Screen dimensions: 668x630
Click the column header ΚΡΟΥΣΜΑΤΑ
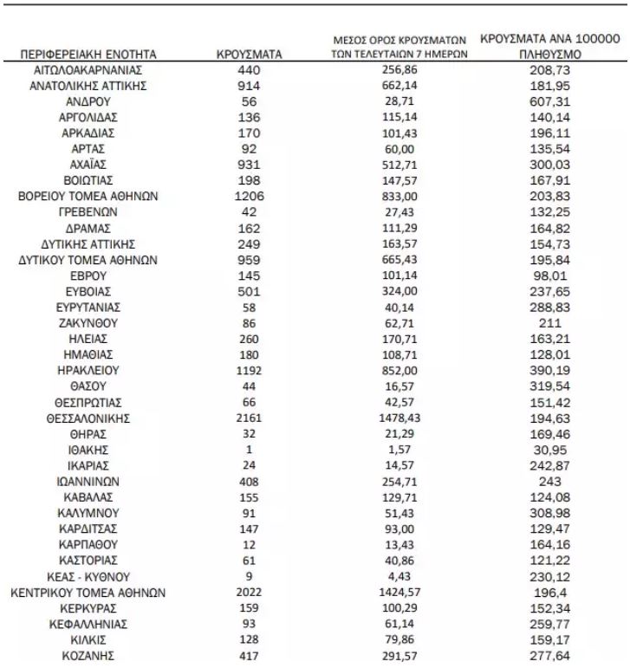tap(249, 55)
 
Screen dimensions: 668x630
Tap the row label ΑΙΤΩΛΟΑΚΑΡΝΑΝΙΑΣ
tap(88, 69)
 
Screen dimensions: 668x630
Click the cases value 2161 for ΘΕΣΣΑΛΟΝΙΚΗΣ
tap(249, 418)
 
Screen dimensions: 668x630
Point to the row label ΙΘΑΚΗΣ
tap(88, 450)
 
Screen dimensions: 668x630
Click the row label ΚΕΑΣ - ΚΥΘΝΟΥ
tap(88, 576)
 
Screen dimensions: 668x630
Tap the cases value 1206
tap(249, 196)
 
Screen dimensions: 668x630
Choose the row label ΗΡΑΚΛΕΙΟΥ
tap(88, 370)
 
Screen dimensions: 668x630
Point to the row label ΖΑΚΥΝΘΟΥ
tap(88, 322)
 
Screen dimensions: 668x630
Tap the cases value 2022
tap(249, 592)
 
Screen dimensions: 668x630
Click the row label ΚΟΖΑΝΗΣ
tap(88, 655)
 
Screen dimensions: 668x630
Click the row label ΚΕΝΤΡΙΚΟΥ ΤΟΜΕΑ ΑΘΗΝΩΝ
tap(88, 592)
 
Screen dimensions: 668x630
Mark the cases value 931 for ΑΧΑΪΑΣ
tap(249, 164)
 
